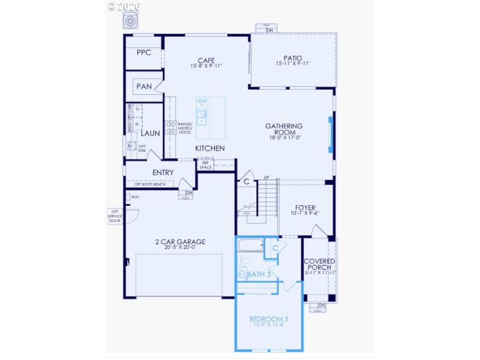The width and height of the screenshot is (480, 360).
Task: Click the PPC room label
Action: pyautogui.click(x=144, y=52)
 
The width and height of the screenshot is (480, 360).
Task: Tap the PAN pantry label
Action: pyautogui.click(x=144, y=86)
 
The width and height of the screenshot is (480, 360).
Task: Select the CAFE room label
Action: pyautogui.click(x=206, y=60)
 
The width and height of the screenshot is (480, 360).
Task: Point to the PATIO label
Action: pyautogui.click(x=293, y=58)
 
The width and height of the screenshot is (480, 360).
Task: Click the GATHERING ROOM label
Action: pyautogui.click(x=284, y=130)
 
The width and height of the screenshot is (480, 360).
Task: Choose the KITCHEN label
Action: pyautogui.click(x=210, y=148)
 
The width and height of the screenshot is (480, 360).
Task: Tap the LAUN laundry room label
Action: pyautogui.click(x=151, y=133)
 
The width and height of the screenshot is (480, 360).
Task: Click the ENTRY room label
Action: pyautogui.click(x=163, y=173)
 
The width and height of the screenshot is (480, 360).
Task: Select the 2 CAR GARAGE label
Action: pyautogui.click(x=180, y=242)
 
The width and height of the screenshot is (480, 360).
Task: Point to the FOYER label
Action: pyautogui.click(x=305, y=208)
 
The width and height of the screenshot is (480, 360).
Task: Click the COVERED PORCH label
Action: pyautogui.click(x=319, y=265)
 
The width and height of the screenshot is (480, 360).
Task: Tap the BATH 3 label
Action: pyautogui.click(x=260, y=275)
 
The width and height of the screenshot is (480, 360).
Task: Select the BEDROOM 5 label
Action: pyautogui.click(x=269, y=319)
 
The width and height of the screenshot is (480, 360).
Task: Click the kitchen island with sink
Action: pyautogui.click(x=202, y=111)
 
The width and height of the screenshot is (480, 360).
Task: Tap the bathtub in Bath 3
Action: pyautogui.click(x=250, y=245)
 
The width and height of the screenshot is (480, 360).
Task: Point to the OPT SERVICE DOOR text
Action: pyautogui.click(x=115, y=216)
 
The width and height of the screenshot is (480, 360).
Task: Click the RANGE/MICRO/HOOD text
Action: pyautogui.click(x=185, y=128)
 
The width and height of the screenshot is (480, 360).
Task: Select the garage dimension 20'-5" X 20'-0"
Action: pyautogui.click(x=180, y=248)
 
